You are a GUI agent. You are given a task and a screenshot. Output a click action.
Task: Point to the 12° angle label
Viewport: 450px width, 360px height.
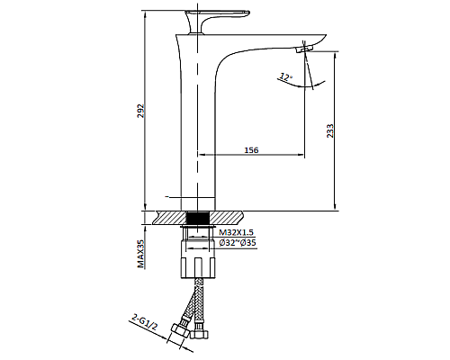286,77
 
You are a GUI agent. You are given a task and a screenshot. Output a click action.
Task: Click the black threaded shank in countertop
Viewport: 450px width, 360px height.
197,218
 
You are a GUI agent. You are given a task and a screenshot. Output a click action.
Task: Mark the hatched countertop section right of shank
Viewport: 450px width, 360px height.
226,218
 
